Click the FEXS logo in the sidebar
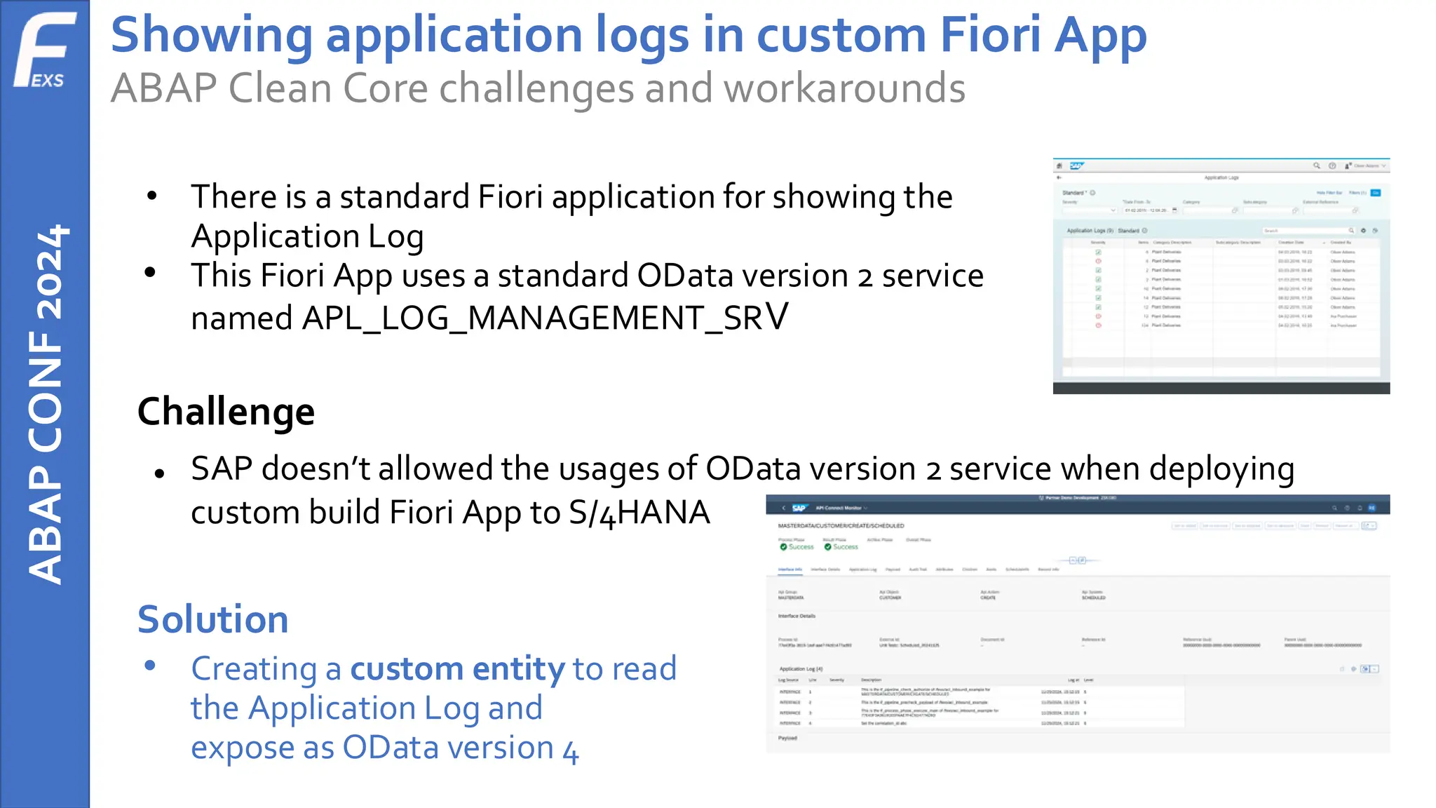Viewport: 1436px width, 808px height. click(44, 50)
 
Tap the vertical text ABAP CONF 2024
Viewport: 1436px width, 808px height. click(46, 404)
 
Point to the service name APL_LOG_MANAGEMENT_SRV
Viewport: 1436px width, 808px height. click(545, 318)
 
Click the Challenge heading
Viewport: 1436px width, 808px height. click(226, 412)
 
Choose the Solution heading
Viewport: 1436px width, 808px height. click(212, 619)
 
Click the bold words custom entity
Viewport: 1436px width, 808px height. click(457, 668)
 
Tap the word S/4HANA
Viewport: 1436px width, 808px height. click(639, 512)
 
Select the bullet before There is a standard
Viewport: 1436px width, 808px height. click(151, 196)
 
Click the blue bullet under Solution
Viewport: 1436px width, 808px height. click(149, 666)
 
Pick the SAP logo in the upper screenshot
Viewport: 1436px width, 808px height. click(1076, 166)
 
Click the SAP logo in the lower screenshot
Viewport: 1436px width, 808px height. click(799, 508)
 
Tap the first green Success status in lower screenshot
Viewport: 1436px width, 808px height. click(797, 546)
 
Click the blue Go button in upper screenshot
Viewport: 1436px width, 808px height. click(1376, 192)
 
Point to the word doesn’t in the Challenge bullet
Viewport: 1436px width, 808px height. click(316, 469)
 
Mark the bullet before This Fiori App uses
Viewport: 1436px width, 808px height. click(150, 273)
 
